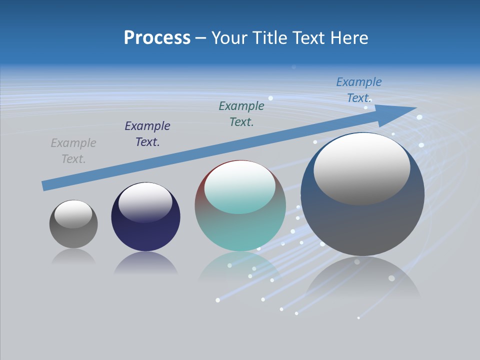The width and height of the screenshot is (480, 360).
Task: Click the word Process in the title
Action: click(157, 38)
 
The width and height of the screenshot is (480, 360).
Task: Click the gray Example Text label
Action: click(73, 151)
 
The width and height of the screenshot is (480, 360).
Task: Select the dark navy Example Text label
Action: click(147, 134)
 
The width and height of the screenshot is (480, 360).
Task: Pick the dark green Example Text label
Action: click(241, 113)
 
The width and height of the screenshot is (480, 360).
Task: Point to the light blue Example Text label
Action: click(358, 90)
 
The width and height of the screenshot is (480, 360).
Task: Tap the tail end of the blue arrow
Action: click(46, 185)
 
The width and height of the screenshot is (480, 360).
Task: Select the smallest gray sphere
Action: click(73, 235)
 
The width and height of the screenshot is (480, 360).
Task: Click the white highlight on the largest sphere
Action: click(361, 168)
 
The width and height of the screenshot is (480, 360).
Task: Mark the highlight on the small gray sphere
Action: click(73, 214)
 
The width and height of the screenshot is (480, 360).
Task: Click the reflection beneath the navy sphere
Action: click(145, 263)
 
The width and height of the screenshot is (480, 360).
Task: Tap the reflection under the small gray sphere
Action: click(73, 257)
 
